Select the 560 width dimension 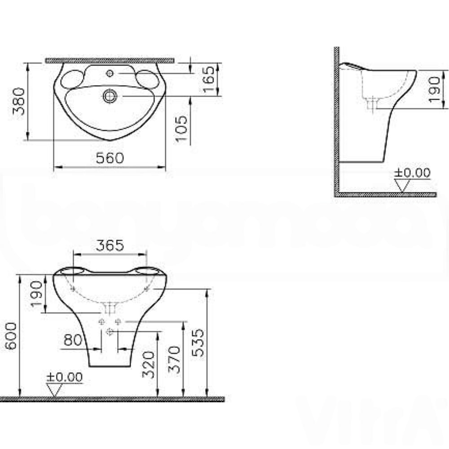(x=110, y=158)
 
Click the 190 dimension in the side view (x=434, y=89)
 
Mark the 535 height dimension (x=198, y=343)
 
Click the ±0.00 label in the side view (x=412, y=173)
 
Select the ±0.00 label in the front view (x=65, y=377)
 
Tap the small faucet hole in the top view (x=110, y=73)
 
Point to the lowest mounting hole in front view (x=110, y=332)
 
